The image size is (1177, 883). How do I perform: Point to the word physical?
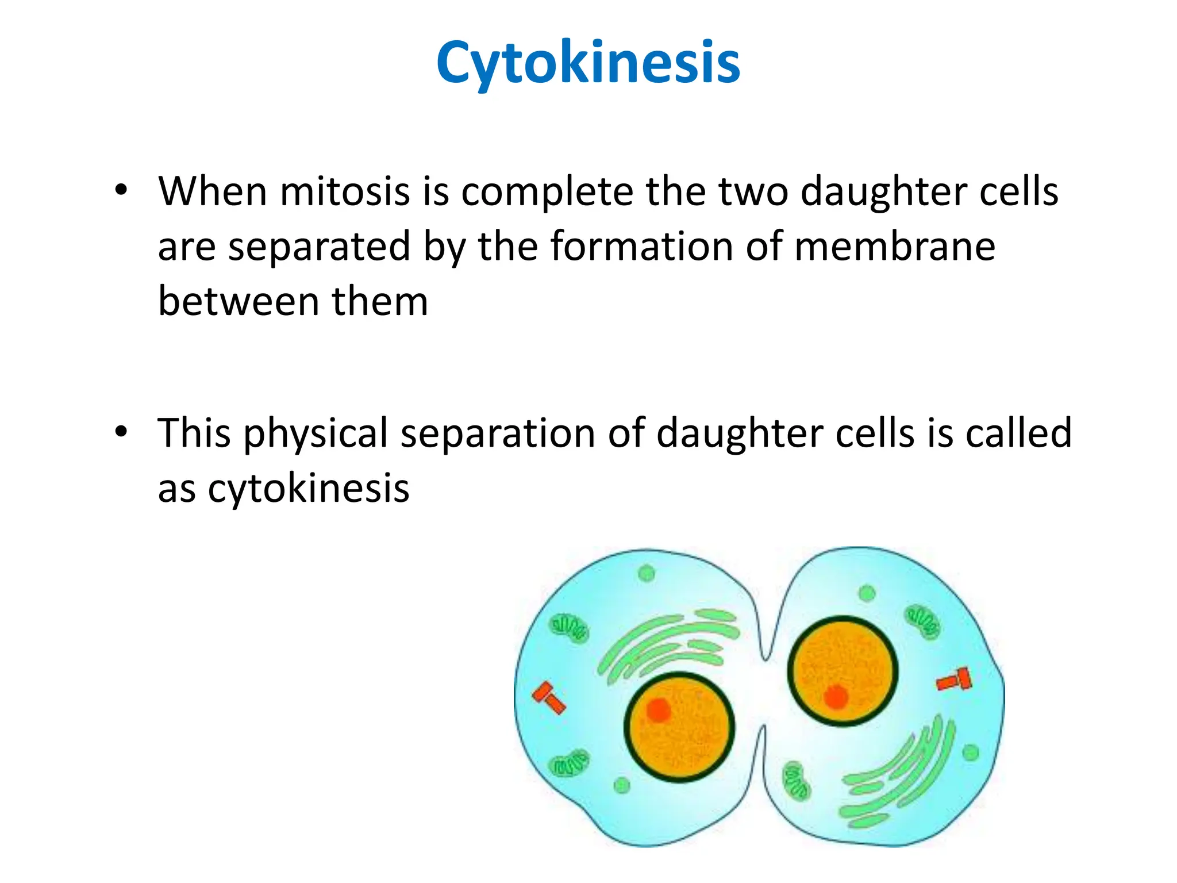(316, 434)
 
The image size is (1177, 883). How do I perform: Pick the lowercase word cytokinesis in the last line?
(309, 489)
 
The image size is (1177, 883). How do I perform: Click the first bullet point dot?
(120, 190)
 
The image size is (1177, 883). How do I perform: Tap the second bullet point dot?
(120, 432)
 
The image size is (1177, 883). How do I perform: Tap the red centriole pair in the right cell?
(955, 680)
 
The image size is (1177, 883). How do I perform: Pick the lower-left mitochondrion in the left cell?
(569, 764)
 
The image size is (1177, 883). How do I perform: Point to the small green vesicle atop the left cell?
(647, 573)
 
